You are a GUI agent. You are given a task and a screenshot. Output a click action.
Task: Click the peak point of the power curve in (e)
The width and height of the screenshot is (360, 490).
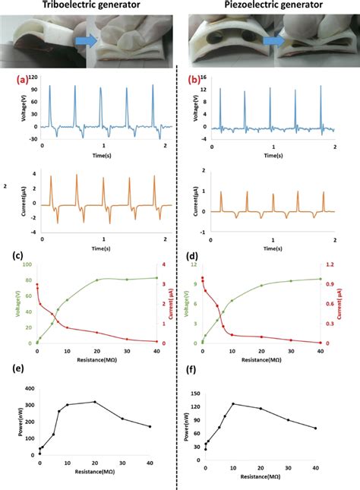click(x=94, y=402)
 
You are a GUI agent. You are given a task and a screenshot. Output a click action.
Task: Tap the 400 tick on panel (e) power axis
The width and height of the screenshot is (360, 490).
click(x=31, y=388)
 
